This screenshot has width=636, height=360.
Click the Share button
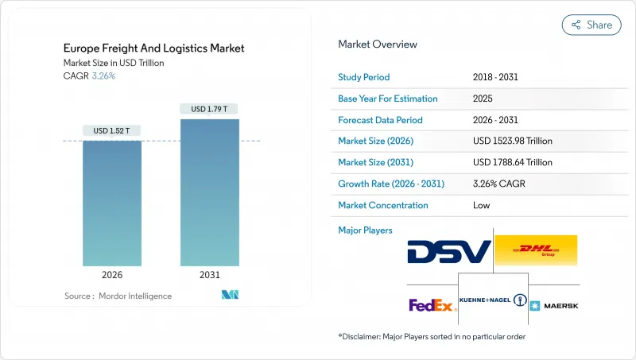click(x=591, y=25)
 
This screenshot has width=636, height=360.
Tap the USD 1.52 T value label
click(x=112, y=130)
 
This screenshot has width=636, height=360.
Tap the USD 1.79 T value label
click(x=209, y=109)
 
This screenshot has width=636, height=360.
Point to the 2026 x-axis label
click(x=112, y=275)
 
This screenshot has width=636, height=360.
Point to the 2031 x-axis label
click(x=209, y=275)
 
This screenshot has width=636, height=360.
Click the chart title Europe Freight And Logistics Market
click(x=154, y=48)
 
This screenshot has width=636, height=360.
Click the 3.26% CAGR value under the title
click(x=103, y=76)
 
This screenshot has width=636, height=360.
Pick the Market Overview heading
click(x=378, y=44)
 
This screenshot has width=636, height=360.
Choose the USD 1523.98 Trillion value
click(x=512, y=141)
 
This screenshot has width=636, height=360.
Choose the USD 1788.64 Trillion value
click(x=512, y=162)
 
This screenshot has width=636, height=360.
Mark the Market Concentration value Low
click(x=480, y=205)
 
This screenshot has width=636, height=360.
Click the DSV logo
click(x=448, y=252)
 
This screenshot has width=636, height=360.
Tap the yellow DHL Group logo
click(x=536, y=250)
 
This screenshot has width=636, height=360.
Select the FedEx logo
click(x=431, y=305)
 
